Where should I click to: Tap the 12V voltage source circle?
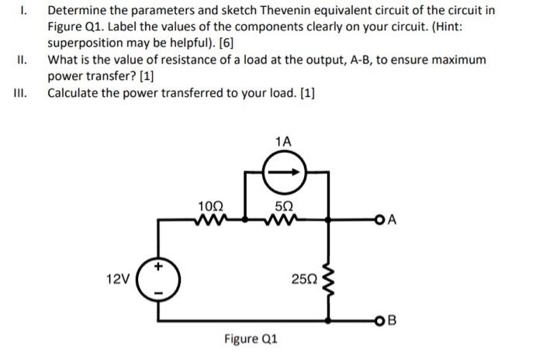click(161, 279)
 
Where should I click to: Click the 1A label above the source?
click(284, 141)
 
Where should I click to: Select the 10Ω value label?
click(211, 206)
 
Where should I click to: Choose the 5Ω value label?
click(285, 206)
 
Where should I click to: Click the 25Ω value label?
click(304, 279)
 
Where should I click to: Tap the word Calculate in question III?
click(75, 94)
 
